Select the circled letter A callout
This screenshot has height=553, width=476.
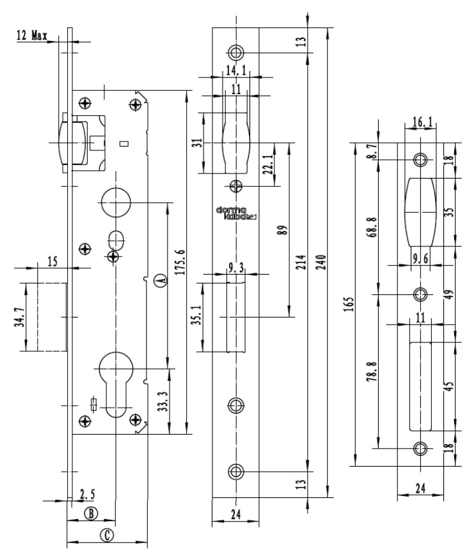(161, 280)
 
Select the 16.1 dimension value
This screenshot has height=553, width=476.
(423, 121)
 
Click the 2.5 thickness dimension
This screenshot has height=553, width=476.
(88, 494)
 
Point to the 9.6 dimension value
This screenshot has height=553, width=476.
(420, 259)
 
